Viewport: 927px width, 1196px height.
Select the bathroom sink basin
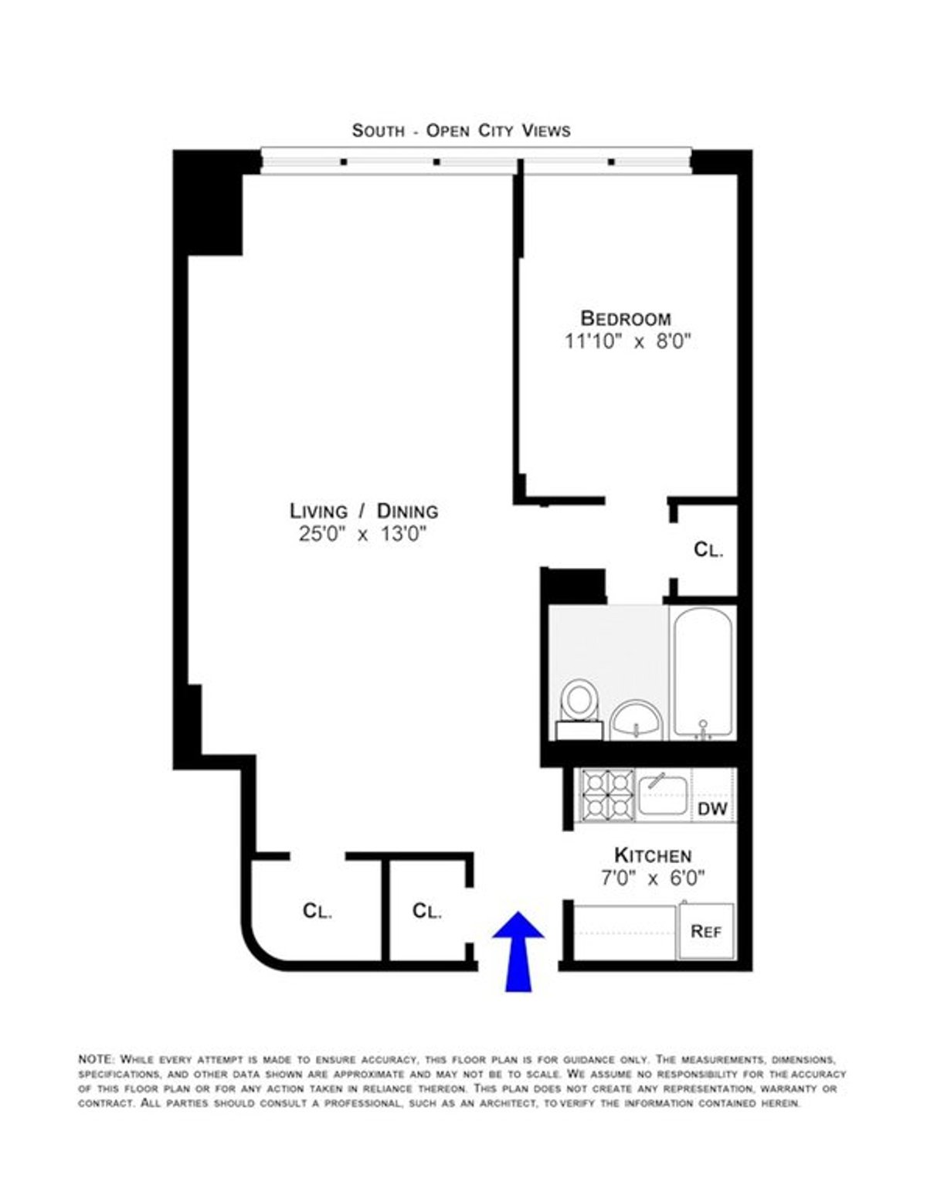coord(637,719)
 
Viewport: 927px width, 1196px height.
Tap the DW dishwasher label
coord(712,809)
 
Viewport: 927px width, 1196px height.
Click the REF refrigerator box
coord(706,931)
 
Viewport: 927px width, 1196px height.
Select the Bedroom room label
coord(626,318)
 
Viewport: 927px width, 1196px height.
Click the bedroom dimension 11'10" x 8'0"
coord(626,341)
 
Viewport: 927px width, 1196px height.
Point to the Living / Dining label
coord(364,511)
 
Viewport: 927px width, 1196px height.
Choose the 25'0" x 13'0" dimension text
coord(364,534)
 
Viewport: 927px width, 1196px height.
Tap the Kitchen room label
coord(653,855)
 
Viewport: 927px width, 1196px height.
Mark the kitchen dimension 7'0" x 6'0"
coord(653,878)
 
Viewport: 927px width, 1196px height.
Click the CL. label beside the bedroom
coord(708,550)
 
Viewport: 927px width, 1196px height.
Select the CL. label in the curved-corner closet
coord(317,911)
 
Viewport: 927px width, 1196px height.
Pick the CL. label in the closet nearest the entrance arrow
coord(426,911)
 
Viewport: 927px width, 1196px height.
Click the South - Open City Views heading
coord(461,131)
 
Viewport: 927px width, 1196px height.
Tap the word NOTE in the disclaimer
coord(96,1058)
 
